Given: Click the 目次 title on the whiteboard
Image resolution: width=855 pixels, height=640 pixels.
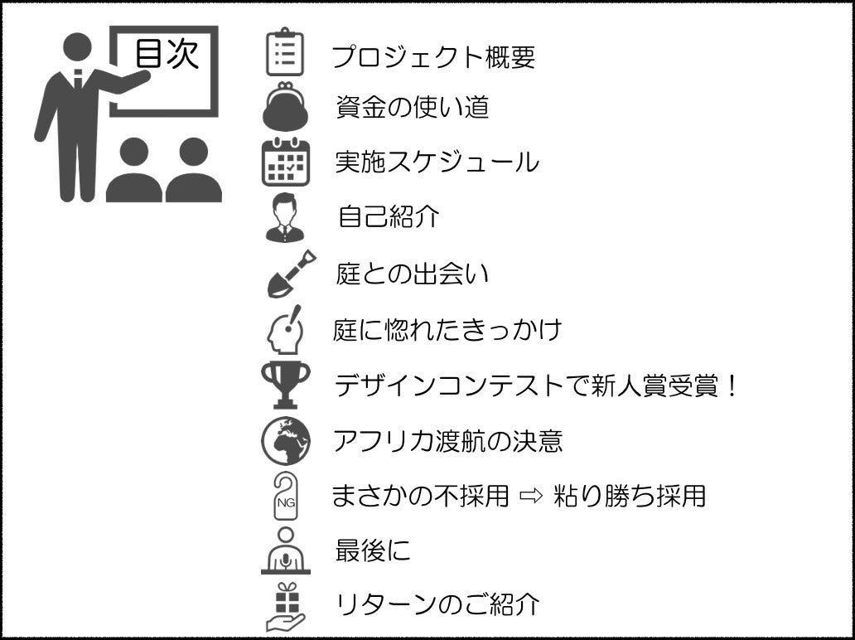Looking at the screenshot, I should [167, 55].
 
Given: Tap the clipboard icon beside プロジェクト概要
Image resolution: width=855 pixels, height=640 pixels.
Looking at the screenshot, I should [284, 53].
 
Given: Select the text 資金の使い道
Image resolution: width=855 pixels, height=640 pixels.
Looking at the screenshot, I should [412, 107].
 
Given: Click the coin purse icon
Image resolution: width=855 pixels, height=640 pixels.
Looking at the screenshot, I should [285, 106].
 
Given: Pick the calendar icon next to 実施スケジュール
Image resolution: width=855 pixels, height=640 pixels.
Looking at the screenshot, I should [285, 162].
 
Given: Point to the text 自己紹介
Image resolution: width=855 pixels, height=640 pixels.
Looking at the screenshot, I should [388, 217].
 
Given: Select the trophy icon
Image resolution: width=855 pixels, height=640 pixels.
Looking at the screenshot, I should [285, 385].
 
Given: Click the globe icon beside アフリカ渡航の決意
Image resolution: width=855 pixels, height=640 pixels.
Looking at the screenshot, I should [286, 440].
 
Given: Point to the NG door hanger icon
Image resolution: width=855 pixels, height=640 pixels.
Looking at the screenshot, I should [285, 496].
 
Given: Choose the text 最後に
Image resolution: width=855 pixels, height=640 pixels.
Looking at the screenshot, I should [373, 550].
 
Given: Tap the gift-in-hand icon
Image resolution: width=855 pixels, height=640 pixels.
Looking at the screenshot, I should [285, 607].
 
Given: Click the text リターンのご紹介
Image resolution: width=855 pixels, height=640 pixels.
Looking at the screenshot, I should [437, 604].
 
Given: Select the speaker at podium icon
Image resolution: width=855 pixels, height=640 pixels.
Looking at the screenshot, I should [285, 551].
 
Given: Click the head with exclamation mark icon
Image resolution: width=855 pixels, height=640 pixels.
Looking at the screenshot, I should [285, 330].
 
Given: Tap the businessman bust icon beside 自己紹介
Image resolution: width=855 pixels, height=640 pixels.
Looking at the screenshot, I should [285, 217].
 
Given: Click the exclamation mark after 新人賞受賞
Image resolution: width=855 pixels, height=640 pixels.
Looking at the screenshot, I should [731, 385].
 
